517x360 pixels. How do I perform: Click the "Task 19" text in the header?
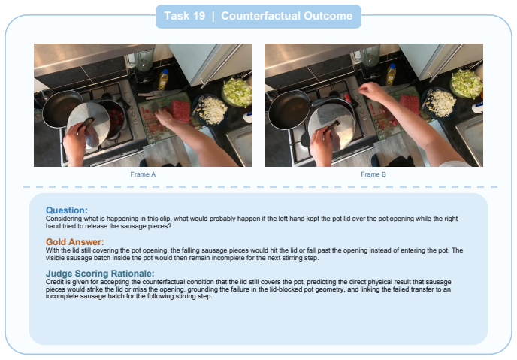point(185,16)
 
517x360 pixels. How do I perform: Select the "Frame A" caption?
point(143,174)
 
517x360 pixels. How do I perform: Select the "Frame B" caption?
point(373,174)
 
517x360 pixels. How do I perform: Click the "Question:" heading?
point(67,210)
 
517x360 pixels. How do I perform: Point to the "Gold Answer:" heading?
point(75,242)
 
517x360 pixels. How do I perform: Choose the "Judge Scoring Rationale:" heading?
point(100,274)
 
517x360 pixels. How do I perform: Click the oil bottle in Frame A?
point(163,80)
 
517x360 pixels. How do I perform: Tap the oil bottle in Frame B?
point(391,74)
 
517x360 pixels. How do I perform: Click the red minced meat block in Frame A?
point(180,110)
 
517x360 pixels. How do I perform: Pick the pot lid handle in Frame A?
point(86,124)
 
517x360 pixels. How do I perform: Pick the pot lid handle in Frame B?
point(331,127)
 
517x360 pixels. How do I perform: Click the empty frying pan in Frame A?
point(62,108)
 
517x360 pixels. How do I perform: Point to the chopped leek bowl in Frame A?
point(237,92)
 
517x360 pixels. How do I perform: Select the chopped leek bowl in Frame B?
point(467,84)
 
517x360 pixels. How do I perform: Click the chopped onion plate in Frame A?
point(211,110)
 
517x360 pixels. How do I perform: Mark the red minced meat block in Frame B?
point(410,104)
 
